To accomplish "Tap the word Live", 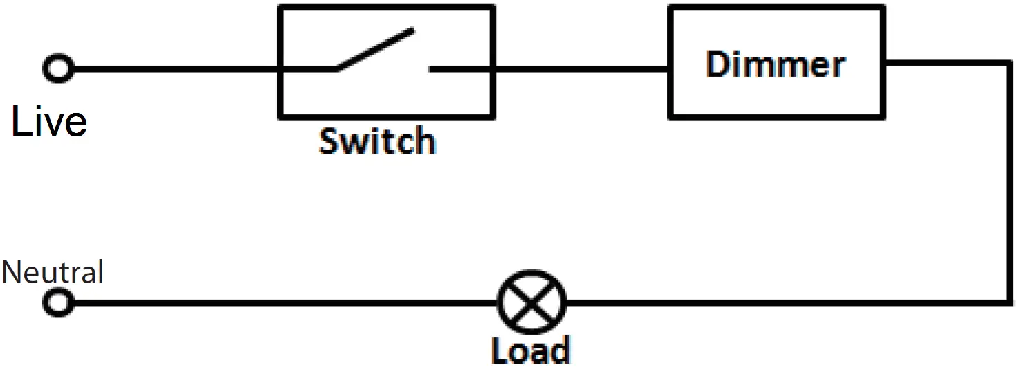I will pyautogui.click(x=49, y=122).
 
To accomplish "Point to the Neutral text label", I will pyautogui.click(x=53, y=272).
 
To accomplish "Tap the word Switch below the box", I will pyautogui.click(x=377, y=141).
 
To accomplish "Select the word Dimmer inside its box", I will pyautogui.click(x=776, y=64).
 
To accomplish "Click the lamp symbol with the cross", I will pyautogui.click(x=531, y=302).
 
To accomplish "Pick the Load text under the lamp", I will pyautogui.click(x=531, y=350).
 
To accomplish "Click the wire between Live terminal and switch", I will pyautogui.click(x=173, y=69).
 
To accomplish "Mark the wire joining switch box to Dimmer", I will pyautogui.click(x=581, y=69).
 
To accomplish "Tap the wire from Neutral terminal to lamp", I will pyautogui.click(x=277, y=303).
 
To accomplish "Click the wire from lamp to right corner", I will pyautogui.click(x=782, y=303).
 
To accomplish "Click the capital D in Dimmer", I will pyautogui.click(x=718, y=64).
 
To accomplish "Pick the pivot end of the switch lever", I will pyautogui.click(x=337, y=69).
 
